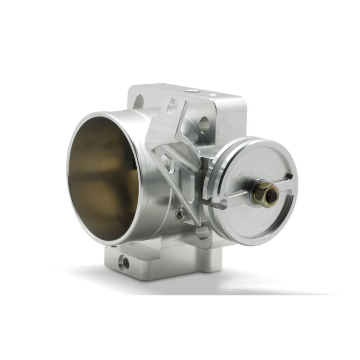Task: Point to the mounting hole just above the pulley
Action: pyautogui.click(x=204, y=123)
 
